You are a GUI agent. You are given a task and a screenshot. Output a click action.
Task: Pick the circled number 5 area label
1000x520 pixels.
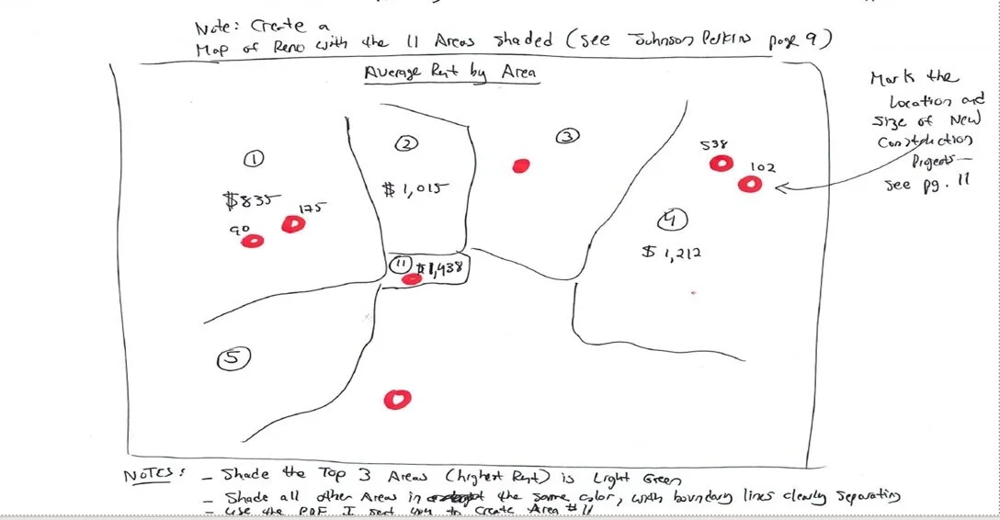233,360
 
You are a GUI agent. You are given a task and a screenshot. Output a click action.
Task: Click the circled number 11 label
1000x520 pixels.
400,265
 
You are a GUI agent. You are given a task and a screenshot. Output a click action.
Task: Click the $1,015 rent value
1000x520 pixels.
414,188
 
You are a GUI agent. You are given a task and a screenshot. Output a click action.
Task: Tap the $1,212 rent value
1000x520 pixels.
672,251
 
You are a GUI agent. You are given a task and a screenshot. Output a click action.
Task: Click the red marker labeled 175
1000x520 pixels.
293,223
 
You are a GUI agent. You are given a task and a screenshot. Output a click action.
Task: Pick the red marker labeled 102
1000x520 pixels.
751,185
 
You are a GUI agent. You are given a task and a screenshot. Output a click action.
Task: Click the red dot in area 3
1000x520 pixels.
521,166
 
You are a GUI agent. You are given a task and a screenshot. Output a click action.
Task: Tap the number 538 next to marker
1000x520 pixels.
713,145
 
